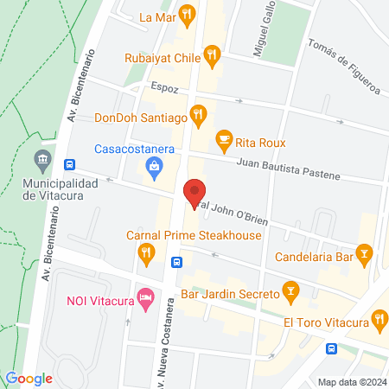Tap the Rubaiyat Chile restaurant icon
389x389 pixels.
coord(213,56)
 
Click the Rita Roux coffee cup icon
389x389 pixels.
coord(224,138)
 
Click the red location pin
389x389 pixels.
coord(194,192)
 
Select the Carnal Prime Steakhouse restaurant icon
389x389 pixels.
coord(145,253)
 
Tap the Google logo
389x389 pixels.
coord(29,378)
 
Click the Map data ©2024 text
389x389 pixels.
coord(350,381)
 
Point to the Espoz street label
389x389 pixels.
coord(163,88)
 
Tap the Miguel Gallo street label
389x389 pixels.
coord(264,30)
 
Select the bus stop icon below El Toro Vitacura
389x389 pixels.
coord(332,348)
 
